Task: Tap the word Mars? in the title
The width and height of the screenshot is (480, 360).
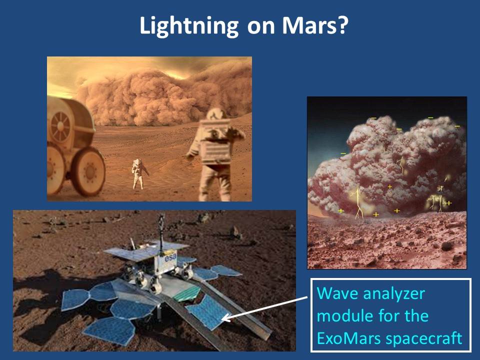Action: coord(315,25)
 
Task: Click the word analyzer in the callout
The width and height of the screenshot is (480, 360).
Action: coord(394,294)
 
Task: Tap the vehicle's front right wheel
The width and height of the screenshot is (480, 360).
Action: coord(88,171)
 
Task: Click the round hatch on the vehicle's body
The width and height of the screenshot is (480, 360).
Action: coord(60,126)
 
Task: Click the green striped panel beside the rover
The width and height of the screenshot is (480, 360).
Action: coord(187,293)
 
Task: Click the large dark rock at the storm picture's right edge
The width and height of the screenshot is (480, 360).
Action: coord(447,245)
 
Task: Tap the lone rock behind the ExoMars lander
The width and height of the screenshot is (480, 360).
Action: coord(235,232)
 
